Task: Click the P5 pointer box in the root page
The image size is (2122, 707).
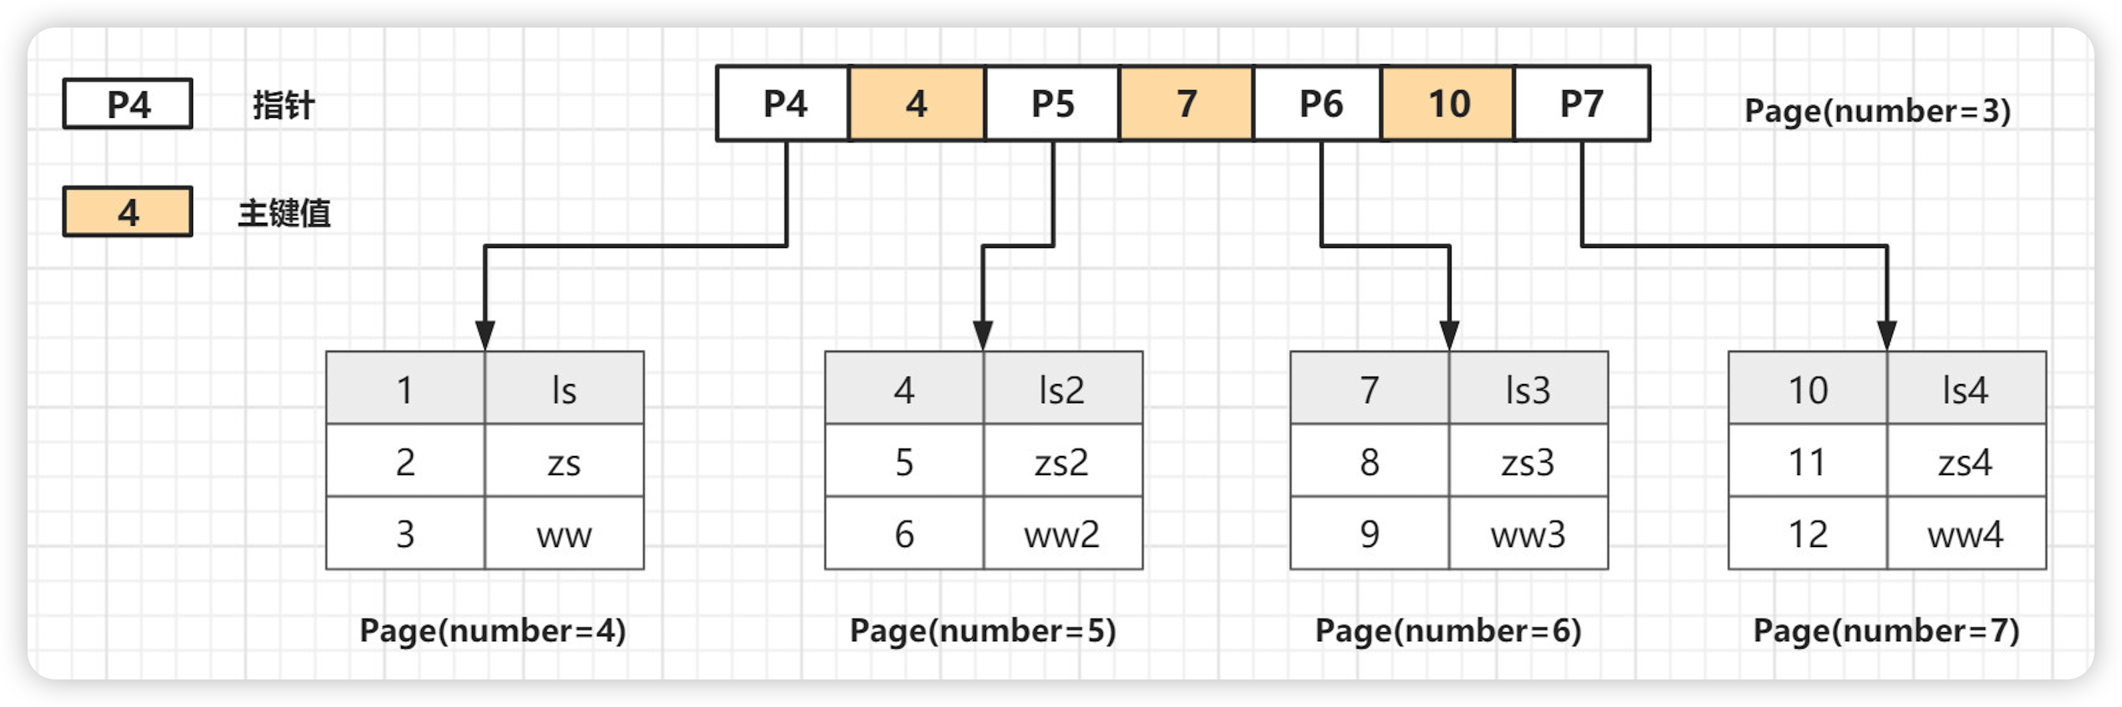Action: [x=1052, y=104]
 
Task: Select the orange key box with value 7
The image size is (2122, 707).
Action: [x=1187, y=104]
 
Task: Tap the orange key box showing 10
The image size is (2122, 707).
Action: [x=1448, y=104]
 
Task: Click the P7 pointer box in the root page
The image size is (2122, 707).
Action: [x=1582, y=104]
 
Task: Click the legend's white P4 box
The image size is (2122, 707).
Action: [x=128, y=104]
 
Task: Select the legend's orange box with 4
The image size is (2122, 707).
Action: [x=128, y=213]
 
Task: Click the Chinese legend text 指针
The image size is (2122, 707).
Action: [x=283, y=106]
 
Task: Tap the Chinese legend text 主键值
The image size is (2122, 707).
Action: [x=284, y=213]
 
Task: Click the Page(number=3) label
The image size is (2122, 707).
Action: [x=1877, y=110]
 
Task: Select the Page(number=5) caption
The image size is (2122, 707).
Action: [x=983, y=631]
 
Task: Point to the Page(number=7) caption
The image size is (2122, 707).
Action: [x=1886, y=631]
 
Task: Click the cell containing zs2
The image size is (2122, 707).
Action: [x=1063, y=461]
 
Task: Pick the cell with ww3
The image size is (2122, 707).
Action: [x=1528, y=533]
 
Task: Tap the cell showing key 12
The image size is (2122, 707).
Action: [x=1807, y=533]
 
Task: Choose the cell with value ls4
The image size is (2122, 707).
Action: [x=1967, y=389]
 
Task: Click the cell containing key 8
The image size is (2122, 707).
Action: [x=1369, y=461]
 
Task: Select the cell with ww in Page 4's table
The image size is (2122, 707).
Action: [x=564, y=533]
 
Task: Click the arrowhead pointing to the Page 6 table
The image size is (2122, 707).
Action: [x=1449, y=336]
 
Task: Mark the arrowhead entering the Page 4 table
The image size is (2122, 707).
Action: [x=485, y=336]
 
